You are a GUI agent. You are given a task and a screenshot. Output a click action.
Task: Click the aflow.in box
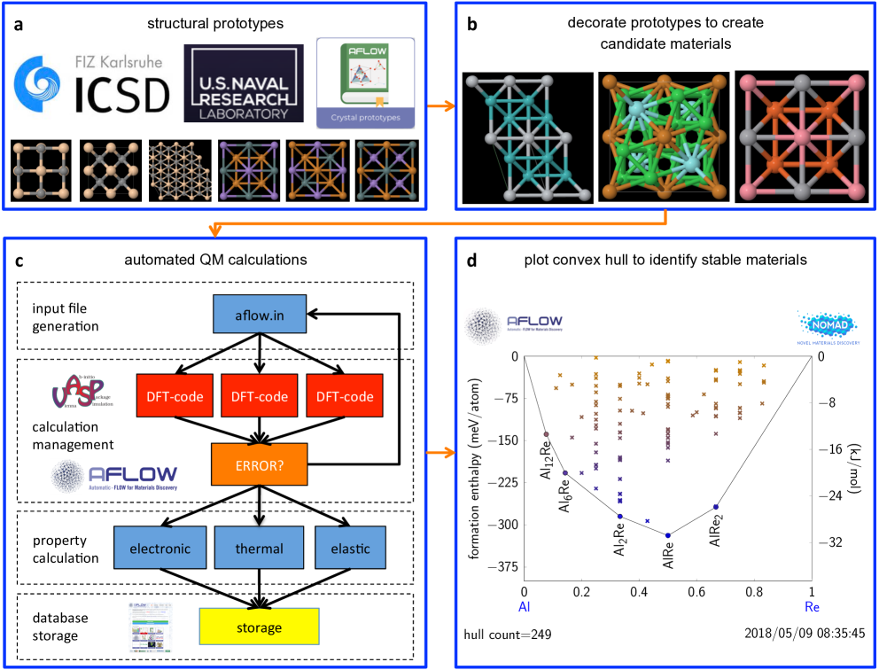click(260, 314)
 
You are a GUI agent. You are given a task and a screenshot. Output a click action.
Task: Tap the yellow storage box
click(259, 627)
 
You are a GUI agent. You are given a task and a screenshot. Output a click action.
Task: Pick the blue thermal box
click(259, 548)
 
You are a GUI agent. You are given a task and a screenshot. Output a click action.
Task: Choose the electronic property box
click(160, 548)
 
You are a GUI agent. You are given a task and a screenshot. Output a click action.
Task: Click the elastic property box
click(350, 548)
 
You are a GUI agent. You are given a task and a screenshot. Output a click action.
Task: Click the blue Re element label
click(812, 607)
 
